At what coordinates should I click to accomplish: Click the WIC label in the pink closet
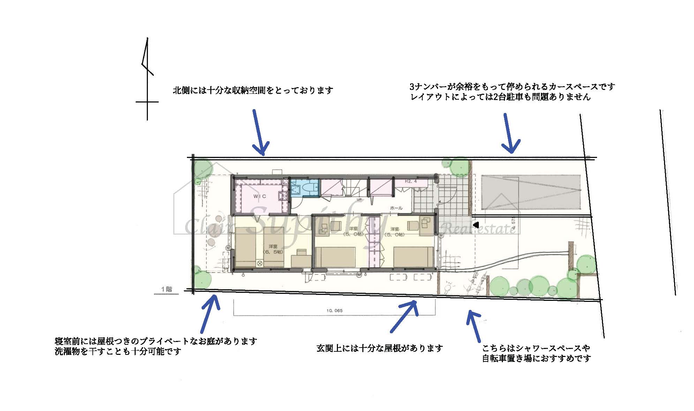[x=259, y=196]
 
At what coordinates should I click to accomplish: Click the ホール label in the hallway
[x=396, y=208]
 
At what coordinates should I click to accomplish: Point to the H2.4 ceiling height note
[x=410, y=182]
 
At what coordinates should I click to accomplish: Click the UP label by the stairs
[x=359, y=199]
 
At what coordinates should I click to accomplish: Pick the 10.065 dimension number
[x=334, y=311]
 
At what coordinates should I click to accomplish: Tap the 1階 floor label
[x=166, y=289]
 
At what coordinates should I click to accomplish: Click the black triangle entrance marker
[x=475, y=225]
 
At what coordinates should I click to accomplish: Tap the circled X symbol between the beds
[x=259, y=264]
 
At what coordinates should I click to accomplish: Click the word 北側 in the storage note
[x=181, y=91]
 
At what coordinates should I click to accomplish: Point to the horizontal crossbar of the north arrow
[x=147, y=102]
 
